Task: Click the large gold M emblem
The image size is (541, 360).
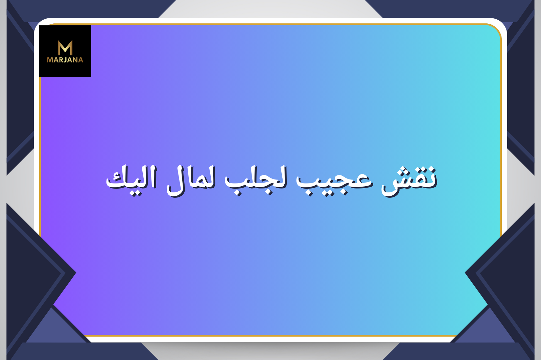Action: click(65, 48)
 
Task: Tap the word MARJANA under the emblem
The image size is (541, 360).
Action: click(65, 60)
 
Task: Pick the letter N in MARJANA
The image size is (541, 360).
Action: click(75, 60)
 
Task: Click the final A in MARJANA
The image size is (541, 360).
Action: click(80, 60)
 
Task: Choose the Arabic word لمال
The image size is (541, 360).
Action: click(191, 181)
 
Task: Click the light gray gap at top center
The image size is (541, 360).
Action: click(270, 9)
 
